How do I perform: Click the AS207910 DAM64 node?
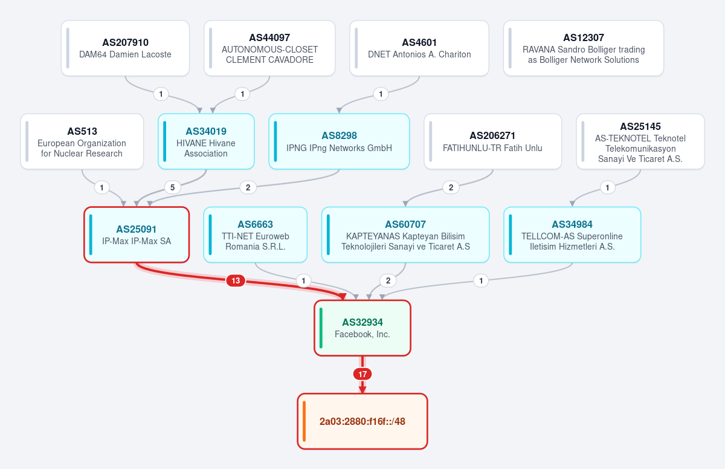(x=125, y=48)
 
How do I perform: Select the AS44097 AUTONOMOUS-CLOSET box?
(x=269, y=48)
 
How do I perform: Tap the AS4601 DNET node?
(x=419, y=48)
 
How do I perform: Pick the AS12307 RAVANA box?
(x=584, y=48)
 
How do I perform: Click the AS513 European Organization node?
(x=82, y=141)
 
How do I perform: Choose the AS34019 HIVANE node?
(x=206, y=141)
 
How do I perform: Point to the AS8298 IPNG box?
(x=339, y=141)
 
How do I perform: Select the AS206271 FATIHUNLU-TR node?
(x=492, y=141)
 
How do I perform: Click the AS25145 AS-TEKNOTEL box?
(x=640, y=141)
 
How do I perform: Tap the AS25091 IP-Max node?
(x=137, y=234)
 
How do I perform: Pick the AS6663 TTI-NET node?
(x=256, y=234)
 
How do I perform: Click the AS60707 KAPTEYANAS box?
(x=405, y=234)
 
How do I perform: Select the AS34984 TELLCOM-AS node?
(x=572, y=234)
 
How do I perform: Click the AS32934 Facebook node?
(x=362, y=328)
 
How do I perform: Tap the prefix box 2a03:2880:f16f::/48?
(x=362, y=421)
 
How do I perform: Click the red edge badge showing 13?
(x=236, y=280)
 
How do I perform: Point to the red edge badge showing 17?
(x=362, y=374)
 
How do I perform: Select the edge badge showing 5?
(x=173, y=187)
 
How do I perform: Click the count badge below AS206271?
(x=451, y=187)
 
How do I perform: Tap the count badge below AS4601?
(x=381, y=94)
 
